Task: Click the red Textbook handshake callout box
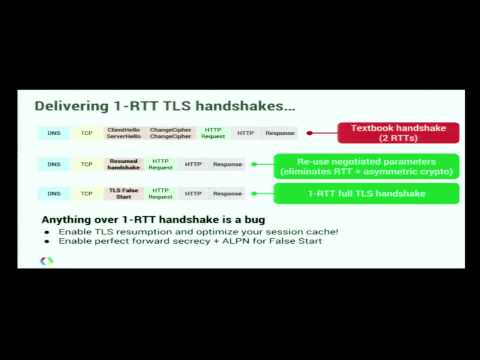pyautogui.click(x=397, y=132)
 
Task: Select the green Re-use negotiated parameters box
pyautogui.click(x=367, y=165)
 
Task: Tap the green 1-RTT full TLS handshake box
pyautogui.click(x=367, y=193)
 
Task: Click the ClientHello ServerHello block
pyautogui.click(x=122, y=132)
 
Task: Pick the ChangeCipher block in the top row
pyautogui.click(x=169, y=132)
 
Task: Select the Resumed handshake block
pyautogui.click(x=122, y=164)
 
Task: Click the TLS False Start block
pyautogui.click(x=122, y=193)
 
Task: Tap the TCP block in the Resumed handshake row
pyautogui.click(x=87, y=164)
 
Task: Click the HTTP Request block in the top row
pyautogui.click(x=213, y=132)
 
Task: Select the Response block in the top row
pyautogui.click(x=280, y=132)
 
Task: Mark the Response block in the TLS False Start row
pyautogui.click(x=227, y=193)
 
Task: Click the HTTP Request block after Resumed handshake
pyautogui.click(x=160, y=164)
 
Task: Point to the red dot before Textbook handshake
pyautogui.click(x=310, y=132)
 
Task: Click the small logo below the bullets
pyautogui.click(x=46, y=261)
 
